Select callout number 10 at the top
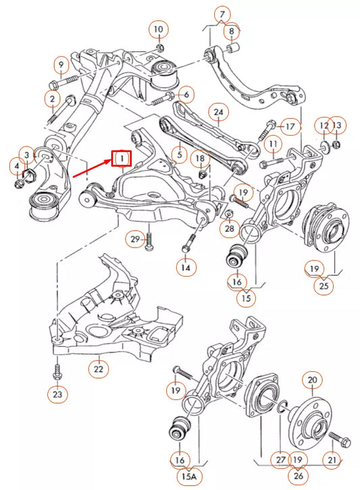[x=157, y=30]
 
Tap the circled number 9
[x=61, y=65]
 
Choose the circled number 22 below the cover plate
[x=99, y=369]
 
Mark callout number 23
[x=57, y=393]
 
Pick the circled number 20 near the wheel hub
[x=312, y=381]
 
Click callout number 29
[x=134, y=239]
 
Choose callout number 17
[x=289, y=126]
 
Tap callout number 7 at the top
[x=222, y=14]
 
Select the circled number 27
[x=280, y=460]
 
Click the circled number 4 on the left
[x=15, y=166]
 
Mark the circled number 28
[x=230, y=229]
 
